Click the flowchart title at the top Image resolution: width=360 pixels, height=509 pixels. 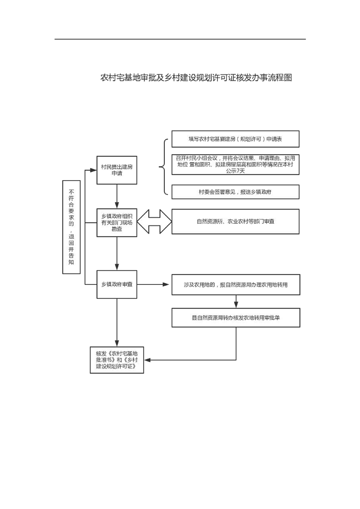pyautogui.click(x=196, y=78)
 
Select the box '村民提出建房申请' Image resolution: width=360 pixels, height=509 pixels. pyautogui.click(x=117, y=170)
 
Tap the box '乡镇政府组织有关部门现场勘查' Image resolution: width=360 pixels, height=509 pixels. pyautogui.click(x=117, y=222)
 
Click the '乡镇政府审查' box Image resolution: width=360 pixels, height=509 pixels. pyautogui.click(x=117, y=284)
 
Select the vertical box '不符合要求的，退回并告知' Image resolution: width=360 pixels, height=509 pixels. pyautogui.click(x=71, y=227)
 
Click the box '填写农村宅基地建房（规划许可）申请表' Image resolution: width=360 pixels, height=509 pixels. pyautogui.click(x=235, y=139)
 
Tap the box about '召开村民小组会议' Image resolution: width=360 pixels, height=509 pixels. pyautogui.click(x=235, y=165)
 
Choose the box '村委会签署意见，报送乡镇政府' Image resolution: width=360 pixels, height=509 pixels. pyautogui.click(x=235, y=191)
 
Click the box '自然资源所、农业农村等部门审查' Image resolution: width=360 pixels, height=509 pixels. pyautogui.click(x=235, y=221)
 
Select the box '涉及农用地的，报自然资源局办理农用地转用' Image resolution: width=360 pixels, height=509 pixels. pyautogui.click(x=235, y=284)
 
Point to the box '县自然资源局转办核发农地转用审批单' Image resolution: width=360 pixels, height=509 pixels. pyautogui.click(x=235, y=318)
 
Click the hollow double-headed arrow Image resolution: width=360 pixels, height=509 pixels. pyautogui.click(x=154, y=222)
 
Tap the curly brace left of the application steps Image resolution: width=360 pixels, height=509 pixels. pyautogui.click(x=163, y=167)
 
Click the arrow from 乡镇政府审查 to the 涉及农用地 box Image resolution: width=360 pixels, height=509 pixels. pyautogui.click(x=154, y=284)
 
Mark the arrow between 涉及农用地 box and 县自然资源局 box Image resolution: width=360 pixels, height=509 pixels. pyautogui.click(x=236, y=302)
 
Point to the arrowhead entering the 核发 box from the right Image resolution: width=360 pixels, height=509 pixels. pyautogui.click(x=148, y=360)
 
